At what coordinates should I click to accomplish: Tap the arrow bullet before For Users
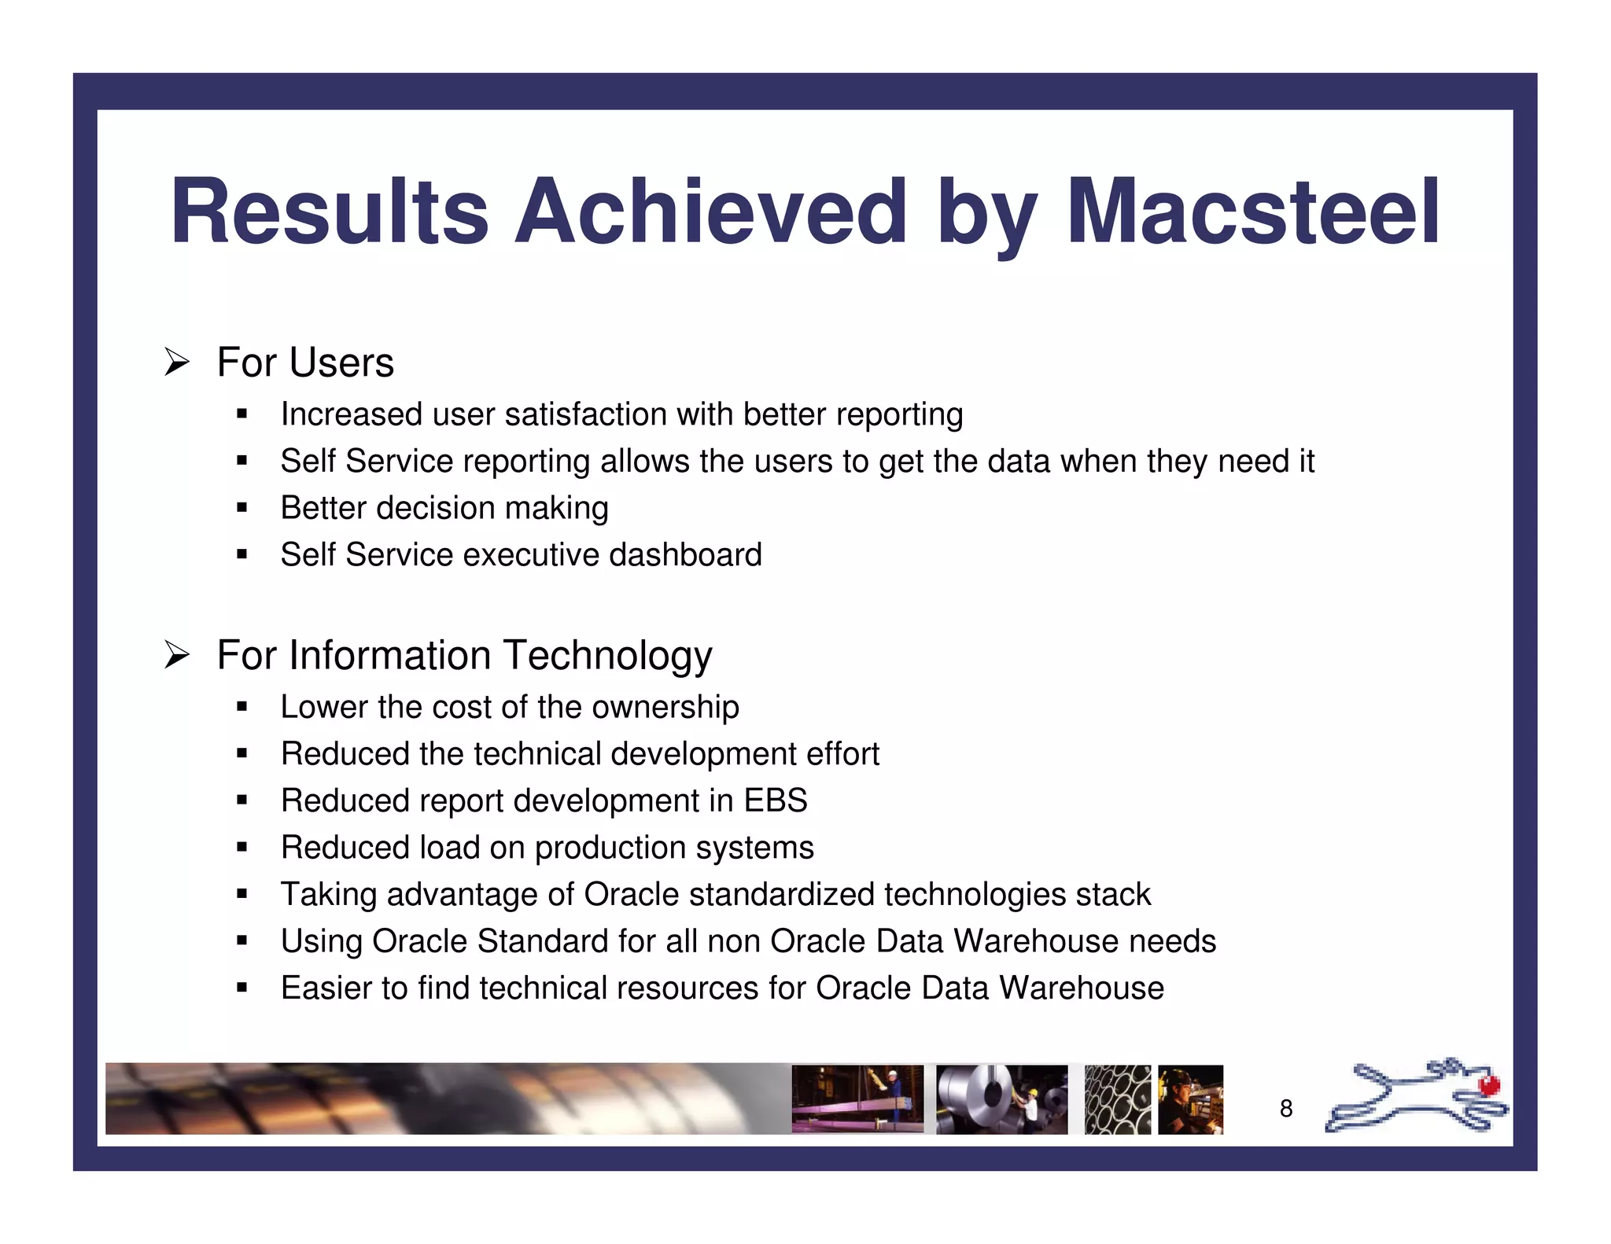pos(177,363)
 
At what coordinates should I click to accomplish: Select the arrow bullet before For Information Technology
pos(177,655)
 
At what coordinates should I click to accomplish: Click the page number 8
pos(1285,1109)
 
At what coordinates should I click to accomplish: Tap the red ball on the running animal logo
pos(1488,1086)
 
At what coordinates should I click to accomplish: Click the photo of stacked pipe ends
pos(1117,1099)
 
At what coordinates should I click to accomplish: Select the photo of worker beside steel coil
pos(1001,1099)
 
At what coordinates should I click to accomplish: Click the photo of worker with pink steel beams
pos(857,1099)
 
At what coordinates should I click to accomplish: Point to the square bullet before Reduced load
pos(241,848)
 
